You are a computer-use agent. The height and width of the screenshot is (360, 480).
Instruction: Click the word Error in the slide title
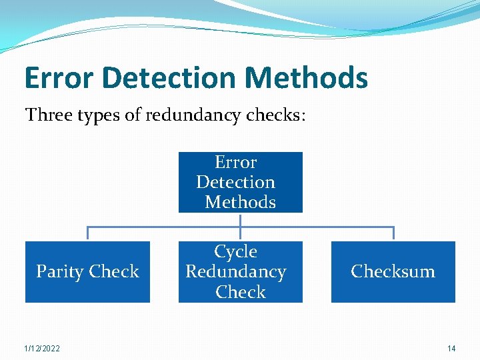[59, 78]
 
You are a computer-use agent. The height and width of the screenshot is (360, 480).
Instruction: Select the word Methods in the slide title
[307, 78]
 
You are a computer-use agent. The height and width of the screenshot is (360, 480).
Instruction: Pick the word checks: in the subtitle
[275, 115]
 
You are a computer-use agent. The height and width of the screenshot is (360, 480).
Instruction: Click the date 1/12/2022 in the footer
[41, 348]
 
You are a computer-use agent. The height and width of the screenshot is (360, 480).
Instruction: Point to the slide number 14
[451, 348]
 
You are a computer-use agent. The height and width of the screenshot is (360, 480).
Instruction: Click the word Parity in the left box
[59, 272]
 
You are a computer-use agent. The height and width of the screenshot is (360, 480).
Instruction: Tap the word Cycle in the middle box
[235, 251]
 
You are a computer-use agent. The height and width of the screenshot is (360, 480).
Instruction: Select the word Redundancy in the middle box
[235, 272]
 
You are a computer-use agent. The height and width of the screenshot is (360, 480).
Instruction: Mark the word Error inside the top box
[235, 162]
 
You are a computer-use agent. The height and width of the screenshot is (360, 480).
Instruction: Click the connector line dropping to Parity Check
[88, 233]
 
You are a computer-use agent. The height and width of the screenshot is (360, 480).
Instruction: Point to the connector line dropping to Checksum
[393, 233]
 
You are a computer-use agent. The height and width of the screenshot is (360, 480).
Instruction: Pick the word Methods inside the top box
[241, 202]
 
